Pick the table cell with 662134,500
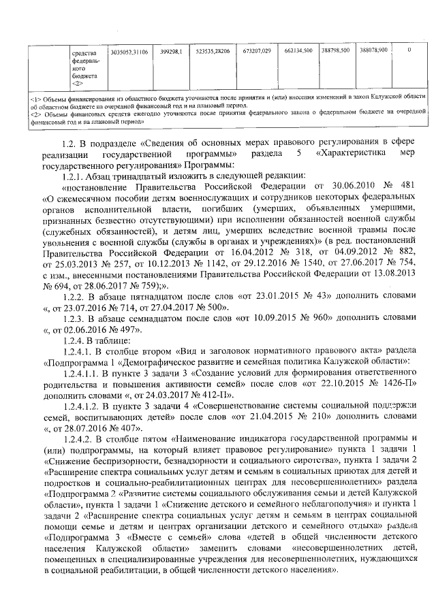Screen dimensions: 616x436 pyautogui.click(x=298, y=51)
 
